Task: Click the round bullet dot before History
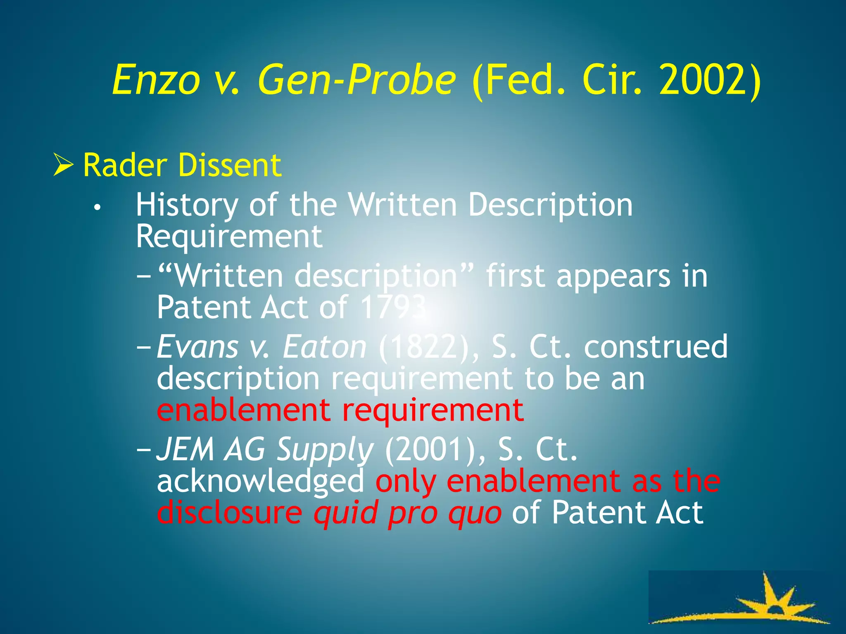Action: [97, 208]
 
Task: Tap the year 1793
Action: [392, 308]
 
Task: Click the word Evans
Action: [198, 347]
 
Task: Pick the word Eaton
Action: [324, 347]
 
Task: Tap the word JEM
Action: [185, 449]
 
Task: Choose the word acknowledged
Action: [260, 482]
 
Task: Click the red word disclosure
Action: [230, 512]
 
